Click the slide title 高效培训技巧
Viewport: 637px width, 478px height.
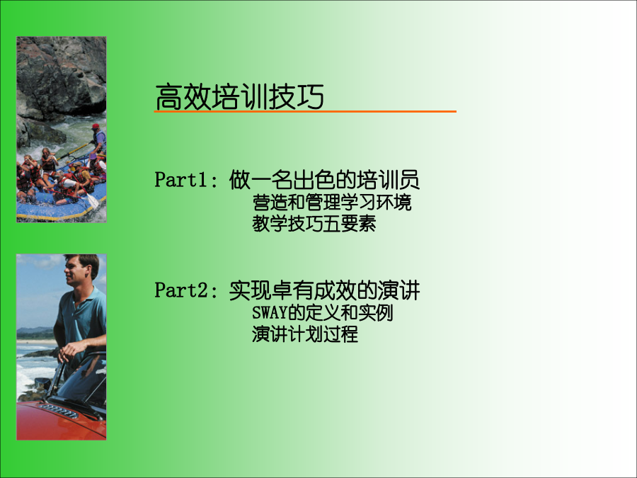click(x=239, y=97)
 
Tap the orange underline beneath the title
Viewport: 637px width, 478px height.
click(x=305, y=111)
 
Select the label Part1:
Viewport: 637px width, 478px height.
click(x=186, y=180)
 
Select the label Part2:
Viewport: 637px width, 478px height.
click(x=186, y=290)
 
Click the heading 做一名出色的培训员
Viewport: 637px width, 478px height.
click(x=324, y=180)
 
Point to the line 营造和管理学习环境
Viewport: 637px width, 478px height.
click(x=332, y=203)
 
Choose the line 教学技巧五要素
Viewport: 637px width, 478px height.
click(x=314, y=224)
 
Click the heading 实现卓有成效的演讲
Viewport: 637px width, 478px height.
click(x=324, y=290)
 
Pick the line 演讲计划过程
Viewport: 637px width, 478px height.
click(x=305, y=334)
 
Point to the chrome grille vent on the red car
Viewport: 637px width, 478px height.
click(x=59, y=411)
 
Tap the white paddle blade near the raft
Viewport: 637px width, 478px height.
click(x=93, y=201)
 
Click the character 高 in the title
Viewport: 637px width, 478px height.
click(x=168, y=97)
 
